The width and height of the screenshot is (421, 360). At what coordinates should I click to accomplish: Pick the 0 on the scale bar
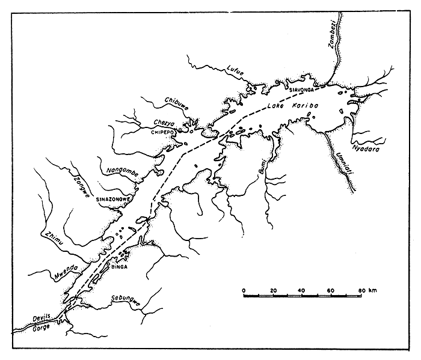pyautogui.click(x=245, y=291)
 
